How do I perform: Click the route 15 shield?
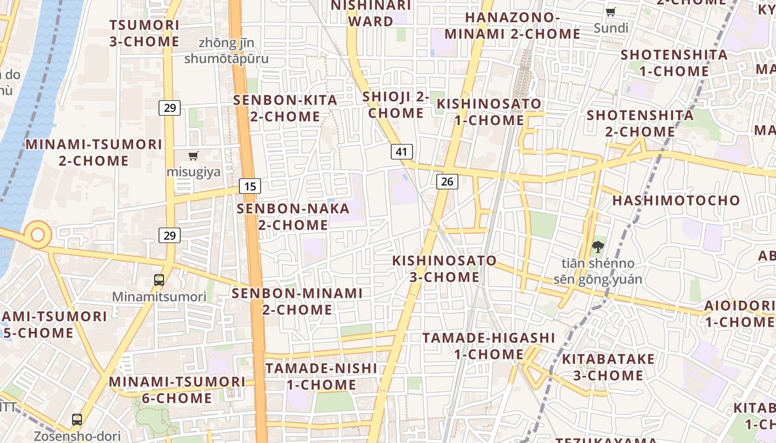click(x=250, y=186)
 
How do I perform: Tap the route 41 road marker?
click(x=402, y=152)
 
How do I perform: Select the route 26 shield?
click(x=447, y=181)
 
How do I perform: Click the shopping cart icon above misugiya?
click(x=193, y=156)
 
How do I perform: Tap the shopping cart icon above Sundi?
click(x=610, y=12)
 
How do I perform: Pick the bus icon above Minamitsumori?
click(x=159, y=280)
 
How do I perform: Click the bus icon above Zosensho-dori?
click(x=77, y=420)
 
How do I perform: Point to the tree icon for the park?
click(x=597, y=247)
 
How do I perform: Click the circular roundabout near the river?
click(x=37, y=235)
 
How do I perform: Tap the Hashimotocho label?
click(x=676, y=200)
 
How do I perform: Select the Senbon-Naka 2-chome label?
click(x=293, y=217)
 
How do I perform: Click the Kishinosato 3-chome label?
click(x=445, y=269)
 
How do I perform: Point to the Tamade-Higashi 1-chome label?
click(x=489, y=346)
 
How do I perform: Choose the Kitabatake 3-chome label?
click(x=608, y=367)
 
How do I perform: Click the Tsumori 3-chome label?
click(x=144, y=33)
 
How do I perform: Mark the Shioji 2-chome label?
click(x=396, y=105)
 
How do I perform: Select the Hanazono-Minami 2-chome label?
click(x=512, y=25)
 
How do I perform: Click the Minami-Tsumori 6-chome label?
click(x=177, y=390)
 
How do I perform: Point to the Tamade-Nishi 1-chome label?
click(x=321, y=377)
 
